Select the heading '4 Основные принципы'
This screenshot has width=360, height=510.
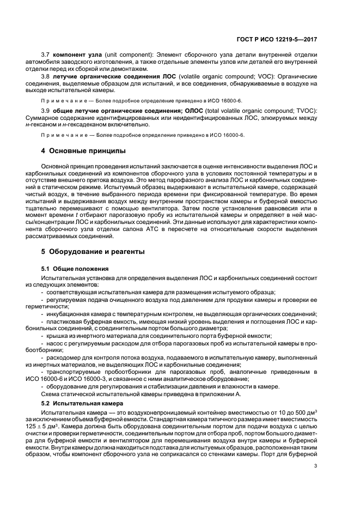tap(83, 150)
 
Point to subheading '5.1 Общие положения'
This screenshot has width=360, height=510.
tap(75, 269)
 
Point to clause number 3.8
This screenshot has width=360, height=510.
tap(45, 77)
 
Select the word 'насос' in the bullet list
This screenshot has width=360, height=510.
tap(54, 344)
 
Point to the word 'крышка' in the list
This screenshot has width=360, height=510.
tap(56, 337)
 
